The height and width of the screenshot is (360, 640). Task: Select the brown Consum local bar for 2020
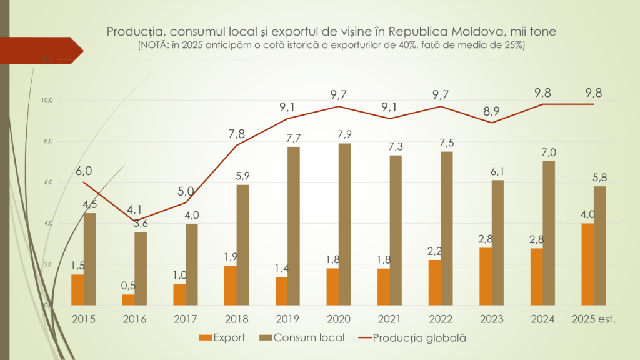point(345,224)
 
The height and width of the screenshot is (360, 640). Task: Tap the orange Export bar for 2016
point(128,300)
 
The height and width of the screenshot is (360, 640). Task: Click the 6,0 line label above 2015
point(84,171)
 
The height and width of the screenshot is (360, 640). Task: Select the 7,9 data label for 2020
point(344,134)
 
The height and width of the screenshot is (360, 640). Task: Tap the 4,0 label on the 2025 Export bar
point(587,215)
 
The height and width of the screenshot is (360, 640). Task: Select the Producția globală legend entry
point(413,338)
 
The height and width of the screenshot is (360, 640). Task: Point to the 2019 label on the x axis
point(287,319)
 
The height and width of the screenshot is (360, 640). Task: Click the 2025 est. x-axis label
point(594,319)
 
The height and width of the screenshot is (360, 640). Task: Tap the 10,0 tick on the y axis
point(47,100)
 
